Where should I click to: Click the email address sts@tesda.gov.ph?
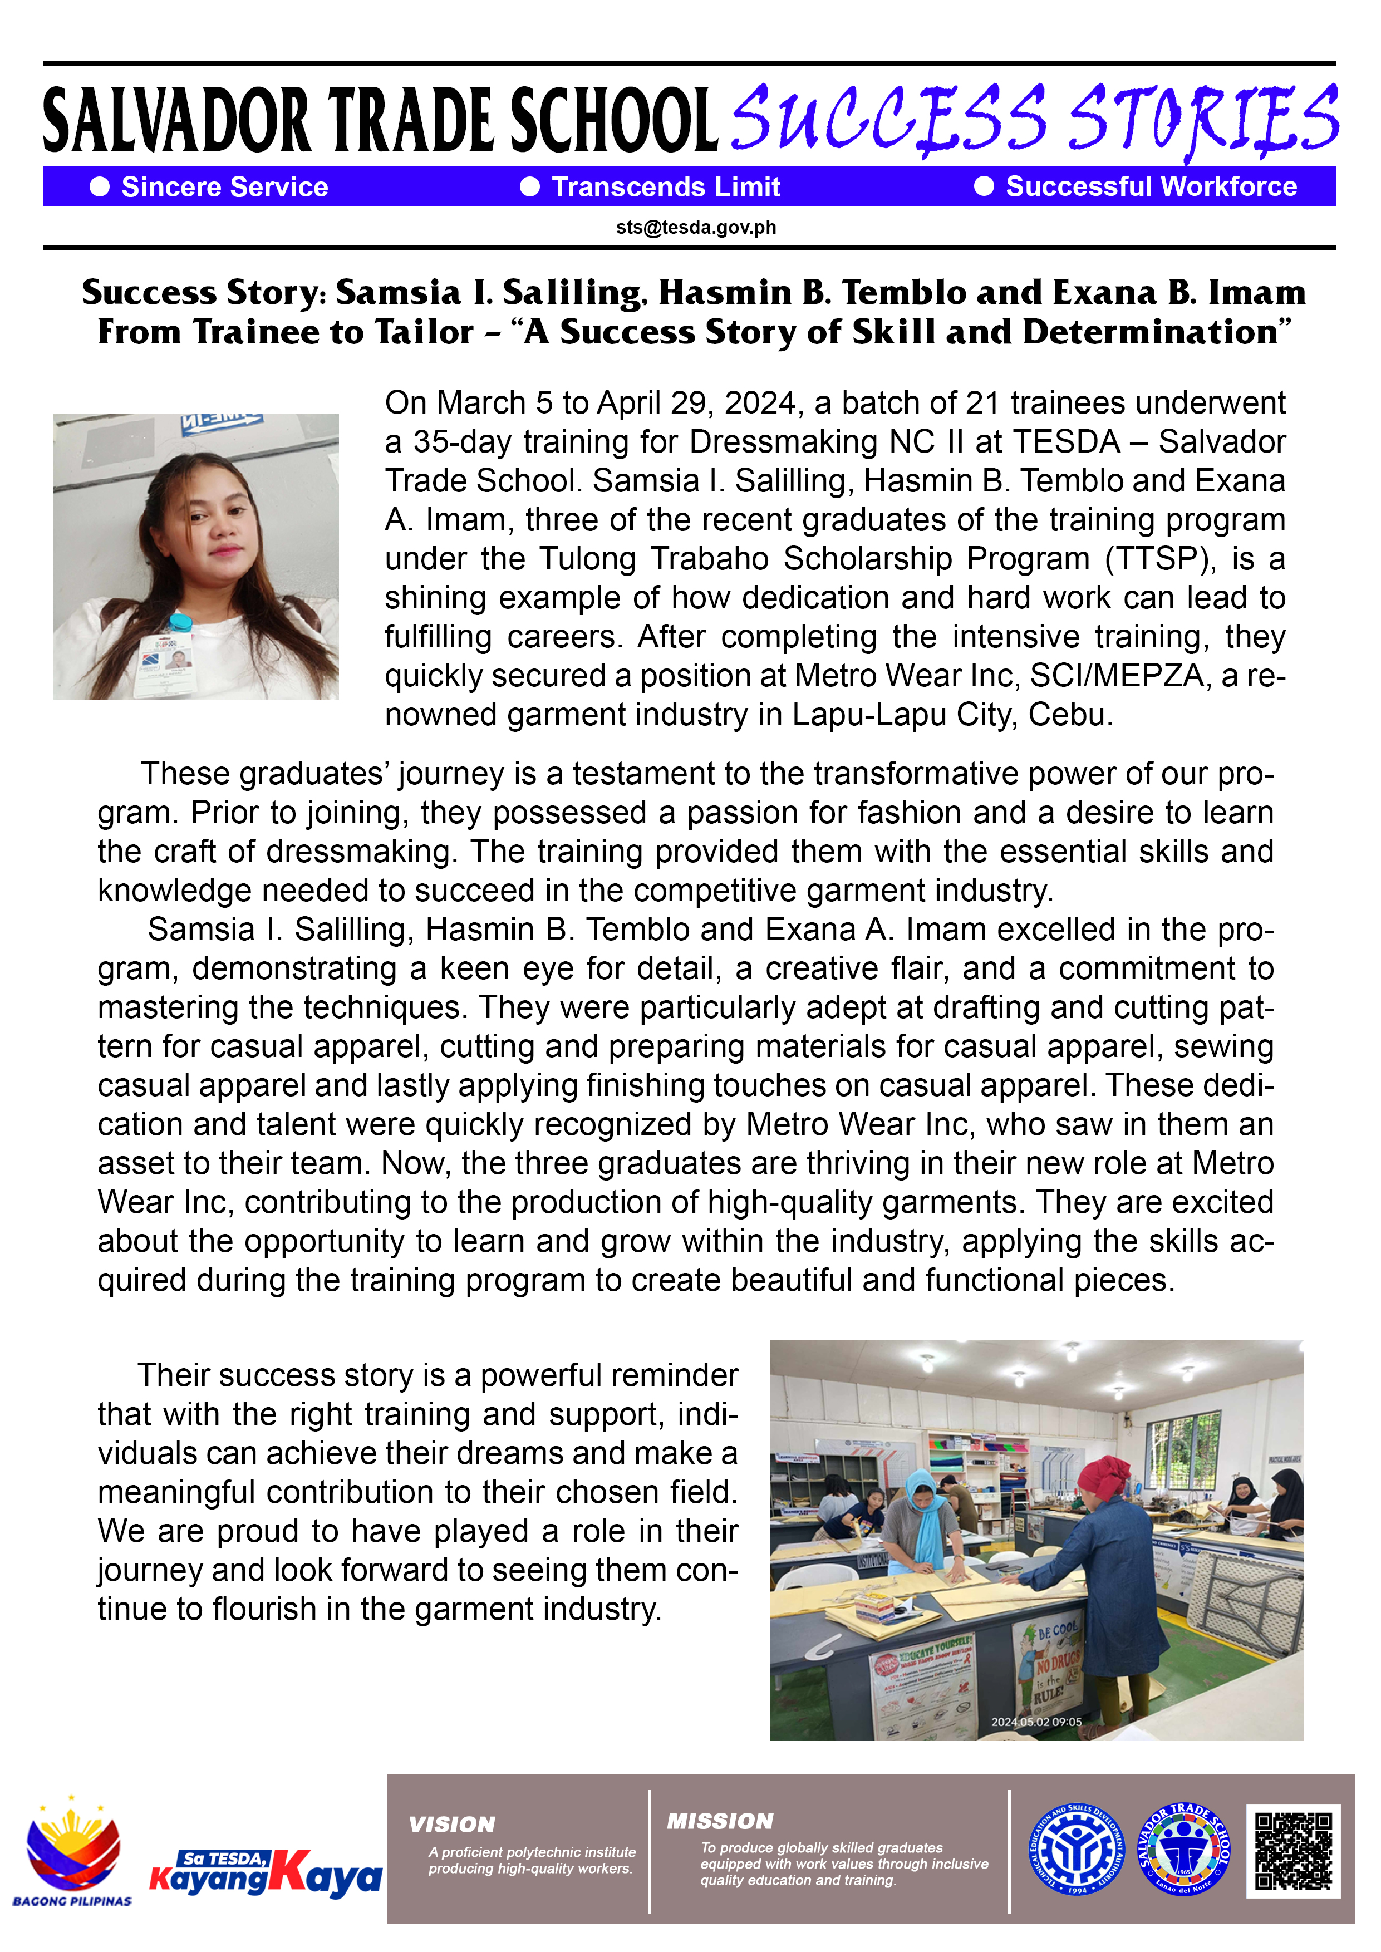pyautogui.click(x=696, y=228)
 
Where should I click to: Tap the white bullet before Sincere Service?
pyautogui.click(x=100, y=187)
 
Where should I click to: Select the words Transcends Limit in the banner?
pyautogui.click(x=665, y=187)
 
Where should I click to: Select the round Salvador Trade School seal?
pyautogui.click(x=1183, y=1850)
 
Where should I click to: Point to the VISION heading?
pyautogui.click(x=451, y=1825)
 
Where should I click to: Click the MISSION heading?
pyautogui.click(x=719, y=1821)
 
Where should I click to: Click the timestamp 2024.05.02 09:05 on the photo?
pyautogui.click(x=1036, y=1722)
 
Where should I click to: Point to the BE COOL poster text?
pyautogui.click(x=1057, y=1631)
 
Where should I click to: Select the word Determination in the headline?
pyautogui.click(x=1157, y=332)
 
